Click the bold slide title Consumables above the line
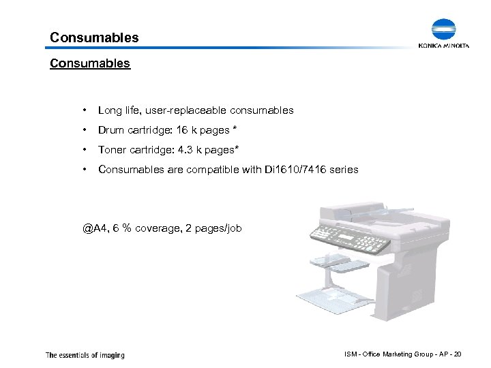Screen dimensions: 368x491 (x=94, y=37)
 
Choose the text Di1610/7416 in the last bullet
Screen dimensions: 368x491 (x=294, y=169)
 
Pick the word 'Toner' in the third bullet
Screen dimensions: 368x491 (x=113, y=149)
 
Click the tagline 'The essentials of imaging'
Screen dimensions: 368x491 (x=85, y=354)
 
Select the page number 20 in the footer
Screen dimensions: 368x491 (x=458, y=354)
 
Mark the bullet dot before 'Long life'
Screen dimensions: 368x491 (x=83, y=110)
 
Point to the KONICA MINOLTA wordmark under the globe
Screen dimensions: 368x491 (x=444, y=46)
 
